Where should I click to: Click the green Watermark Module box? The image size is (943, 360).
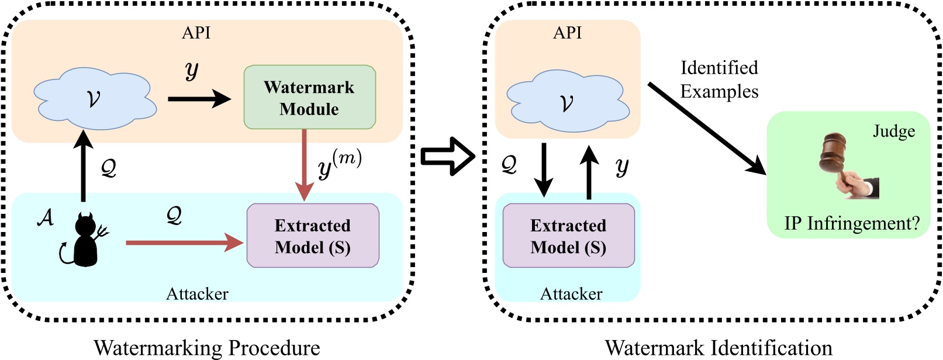click(309, 97)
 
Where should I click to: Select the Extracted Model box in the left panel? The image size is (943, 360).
click(313, 236)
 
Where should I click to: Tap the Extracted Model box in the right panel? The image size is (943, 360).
click(568, 236)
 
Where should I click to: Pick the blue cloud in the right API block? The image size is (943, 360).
click(567, 102)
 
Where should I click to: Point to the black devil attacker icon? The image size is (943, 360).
click(86, 240)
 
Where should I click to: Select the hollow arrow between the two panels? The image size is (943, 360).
click(448, 156)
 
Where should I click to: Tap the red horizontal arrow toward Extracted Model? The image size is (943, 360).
click(184, 242)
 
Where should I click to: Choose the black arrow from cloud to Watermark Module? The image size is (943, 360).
click(199, 99)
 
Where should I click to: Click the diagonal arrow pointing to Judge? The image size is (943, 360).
click(706, 128)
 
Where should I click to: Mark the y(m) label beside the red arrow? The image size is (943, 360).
click(340, 164)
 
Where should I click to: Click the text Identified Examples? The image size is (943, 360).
click(719, 79)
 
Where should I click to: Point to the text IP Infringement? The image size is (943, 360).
click(852, 223)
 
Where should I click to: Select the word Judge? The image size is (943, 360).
click(894, 131)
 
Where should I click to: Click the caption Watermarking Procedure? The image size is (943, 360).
click(207, 348)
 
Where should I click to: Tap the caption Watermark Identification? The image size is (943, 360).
click(719, 348)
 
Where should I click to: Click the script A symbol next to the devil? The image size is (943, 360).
click(46, 217)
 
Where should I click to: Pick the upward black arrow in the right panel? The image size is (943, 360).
click(589, 172)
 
